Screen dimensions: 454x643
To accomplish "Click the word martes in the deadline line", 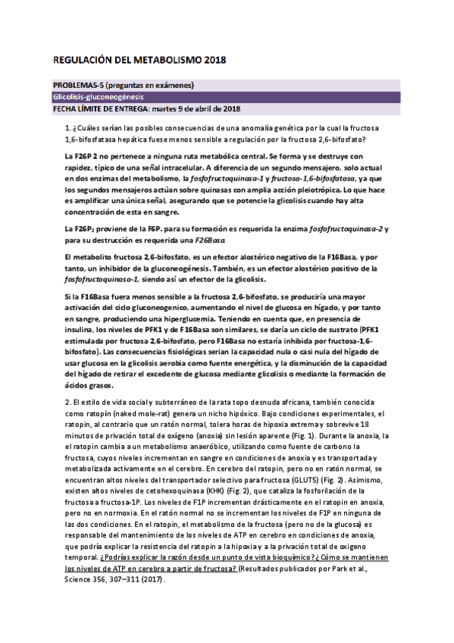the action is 157,108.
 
